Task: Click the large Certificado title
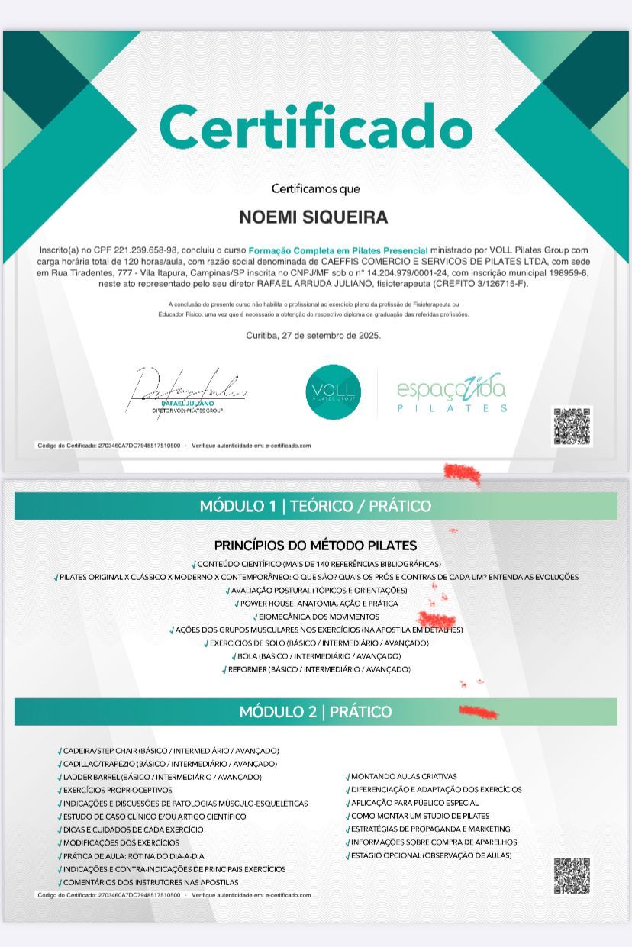click(316, 126)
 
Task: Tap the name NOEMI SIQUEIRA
click(314, 217)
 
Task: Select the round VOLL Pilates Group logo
click(333, 392)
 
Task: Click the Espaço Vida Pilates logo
click(451, 393)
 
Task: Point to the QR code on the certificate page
click(572, 426)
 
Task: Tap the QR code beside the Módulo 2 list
click(572, 875)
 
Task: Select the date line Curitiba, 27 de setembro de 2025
click(314, 335)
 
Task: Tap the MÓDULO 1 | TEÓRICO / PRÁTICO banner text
click(315, 506)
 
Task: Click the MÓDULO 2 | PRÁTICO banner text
click(315, 712)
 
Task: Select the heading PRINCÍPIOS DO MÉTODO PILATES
click(315, 546)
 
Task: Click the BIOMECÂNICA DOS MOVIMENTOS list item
click(318, 617)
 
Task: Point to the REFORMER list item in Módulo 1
click(318, 669)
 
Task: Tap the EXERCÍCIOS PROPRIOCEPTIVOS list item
click(118, 790)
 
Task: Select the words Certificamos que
click(315, 188)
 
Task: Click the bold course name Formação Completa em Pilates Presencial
click(338, 250)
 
